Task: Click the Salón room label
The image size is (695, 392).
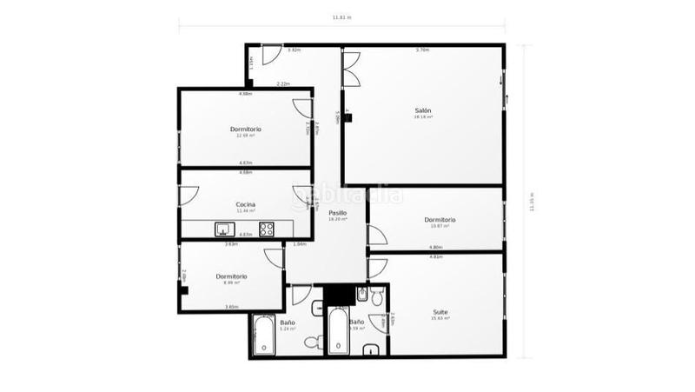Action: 423,110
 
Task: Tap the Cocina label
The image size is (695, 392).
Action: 246,204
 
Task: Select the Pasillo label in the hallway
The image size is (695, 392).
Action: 338,212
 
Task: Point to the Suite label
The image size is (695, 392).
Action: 440,311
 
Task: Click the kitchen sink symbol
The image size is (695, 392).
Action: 225,230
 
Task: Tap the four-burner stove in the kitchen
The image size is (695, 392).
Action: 267,229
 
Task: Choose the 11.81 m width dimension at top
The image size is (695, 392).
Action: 341,17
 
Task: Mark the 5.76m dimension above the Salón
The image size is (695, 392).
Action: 422,50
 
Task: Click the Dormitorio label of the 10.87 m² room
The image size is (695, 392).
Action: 440,219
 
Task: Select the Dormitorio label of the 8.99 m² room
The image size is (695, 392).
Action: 232,276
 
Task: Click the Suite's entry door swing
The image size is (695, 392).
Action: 377,269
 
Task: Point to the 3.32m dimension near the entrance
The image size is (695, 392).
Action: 294,50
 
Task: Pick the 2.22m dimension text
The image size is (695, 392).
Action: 283,84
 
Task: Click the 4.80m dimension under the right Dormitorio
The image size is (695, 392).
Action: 435,248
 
